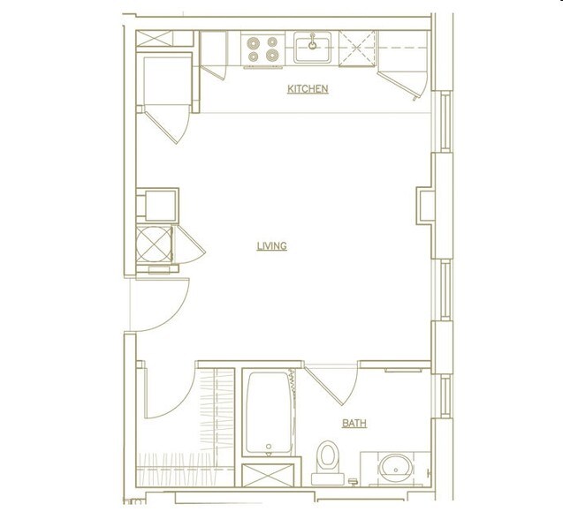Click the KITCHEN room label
click(x=308, y=89)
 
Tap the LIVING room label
click(x=271, y=246)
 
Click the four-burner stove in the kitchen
click(x=262, y=49)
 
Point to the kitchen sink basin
click(x=312, y=50)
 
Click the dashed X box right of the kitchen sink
click(x=356, y=48)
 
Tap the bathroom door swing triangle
click(x=334, y=382)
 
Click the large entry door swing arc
click(x=164, y=305)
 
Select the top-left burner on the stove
click(x=254, y=41)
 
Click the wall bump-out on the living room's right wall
click(x=425, y=205)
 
